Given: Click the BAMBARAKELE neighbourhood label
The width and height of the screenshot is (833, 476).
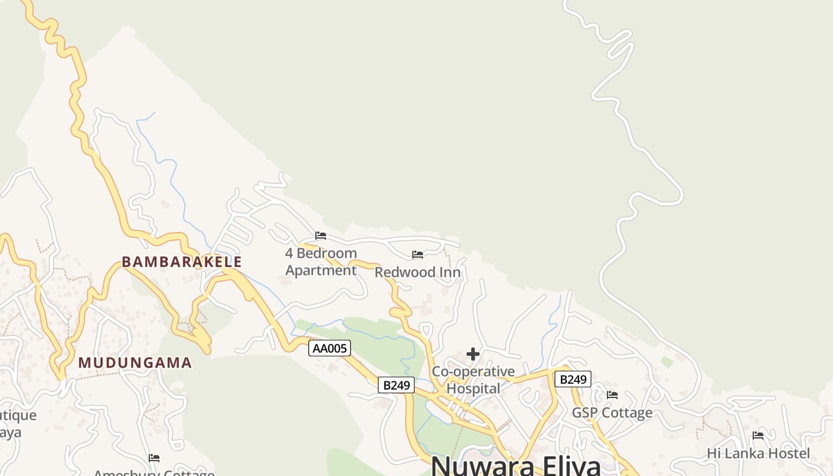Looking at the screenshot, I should pyautogui.click(x=181, y=262).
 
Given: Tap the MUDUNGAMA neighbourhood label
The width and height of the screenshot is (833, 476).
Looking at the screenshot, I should pyautogui.click(x=135, y=362).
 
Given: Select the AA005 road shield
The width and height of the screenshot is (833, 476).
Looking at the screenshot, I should pyautogui.click(x=329, y=348).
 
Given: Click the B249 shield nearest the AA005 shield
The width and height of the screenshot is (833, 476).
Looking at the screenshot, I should pyautogui.click(x=396, y=385).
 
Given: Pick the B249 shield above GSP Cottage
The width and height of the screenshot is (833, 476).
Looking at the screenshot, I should pyautogui.click(x=572, y=379).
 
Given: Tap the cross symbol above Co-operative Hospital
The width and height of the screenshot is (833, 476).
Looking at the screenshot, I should pyautogui.click(x=473, y=355).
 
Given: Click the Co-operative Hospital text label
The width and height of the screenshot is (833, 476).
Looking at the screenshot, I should pyautogui.click(x=473, y=380).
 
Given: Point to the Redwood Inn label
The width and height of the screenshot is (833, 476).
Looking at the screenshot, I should pyautogui.click(x=418, y=273).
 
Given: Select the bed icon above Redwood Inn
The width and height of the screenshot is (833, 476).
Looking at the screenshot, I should pyautogui.click(x=418, y=255).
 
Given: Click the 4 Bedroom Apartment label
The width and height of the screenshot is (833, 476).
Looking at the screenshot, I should pyautogui.click(x=321, y=262).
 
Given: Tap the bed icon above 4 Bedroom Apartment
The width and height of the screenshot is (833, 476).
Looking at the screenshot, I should pyautogui.click(x=321, y=236).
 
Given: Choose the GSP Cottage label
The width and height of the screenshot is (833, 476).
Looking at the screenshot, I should pyautogui.click(x=612, y=412).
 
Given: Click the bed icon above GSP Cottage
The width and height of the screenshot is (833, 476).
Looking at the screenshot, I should pyautogui.click(x=612, y=395).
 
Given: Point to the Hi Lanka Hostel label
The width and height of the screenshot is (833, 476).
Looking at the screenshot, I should pyautogui.click(x=758, y=453).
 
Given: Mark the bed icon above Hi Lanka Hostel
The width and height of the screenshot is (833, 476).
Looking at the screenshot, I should pyautogui.click(x=758, y=436).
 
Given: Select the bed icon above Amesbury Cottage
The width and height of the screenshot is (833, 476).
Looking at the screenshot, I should pyautogui.click(x=154, y=458).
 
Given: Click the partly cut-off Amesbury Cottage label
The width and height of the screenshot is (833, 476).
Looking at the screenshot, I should pyautogui.click(x=154, y=473).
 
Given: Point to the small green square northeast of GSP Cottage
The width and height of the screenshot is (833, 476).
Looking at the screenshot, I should pyautogui.click(x=667, y=362).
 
